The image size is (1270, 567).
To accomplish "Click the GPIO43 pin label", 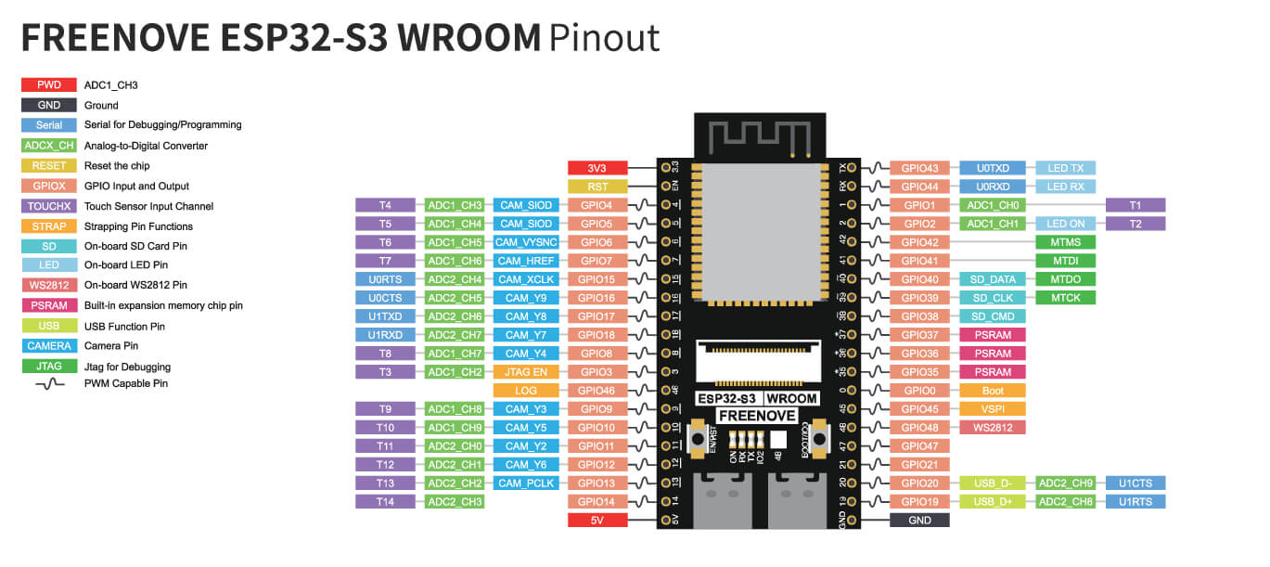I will (x=920, y=168).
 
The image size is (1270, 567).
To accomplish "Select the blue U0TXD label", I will (x=992, y=168).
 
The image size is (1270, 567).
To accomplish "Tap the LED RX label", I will (x=1065, y=187).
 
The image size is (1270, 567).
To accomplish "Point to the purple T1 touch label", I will (x=1135, y=205).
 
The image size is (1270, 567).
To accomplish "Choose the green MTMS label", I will (x=1065, y=242).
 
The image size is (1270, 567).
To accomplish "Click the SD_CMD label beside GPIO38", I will (x=992, y=316).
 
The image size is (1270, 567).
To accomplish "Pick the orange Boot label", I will (x=992, y=391).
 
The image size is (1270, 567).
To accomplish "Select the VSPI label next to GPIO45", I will (x=992, y=409).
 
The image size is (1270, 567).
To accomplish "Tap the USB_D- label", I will (x=992, y=483).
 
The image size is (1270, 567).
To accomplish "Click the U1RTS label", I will (x=1135, y=502).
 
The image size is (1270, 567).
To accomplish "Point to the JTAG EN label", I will (x=526, y=372).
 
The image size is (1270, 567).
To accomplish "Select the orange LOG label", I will (x=526, y=391).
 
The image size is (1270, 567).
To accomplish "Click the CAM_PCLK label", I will (x=526, y=483).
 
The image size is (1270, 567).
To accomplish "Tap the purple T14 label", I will (x=386, y=502).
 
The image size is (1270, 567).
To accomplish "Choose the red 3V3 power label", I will (x=597, y=168).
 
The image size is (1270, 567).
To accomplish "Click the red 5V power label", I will (x=597, y=521).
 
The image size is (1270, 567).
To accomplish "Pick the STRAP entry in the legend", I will (x=49, y=226).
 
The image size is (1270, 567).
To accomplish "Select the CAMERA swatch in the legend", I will (x=49, y=346).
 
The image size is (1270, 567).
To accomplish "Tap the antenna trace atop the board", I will (x=756, y=135).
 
